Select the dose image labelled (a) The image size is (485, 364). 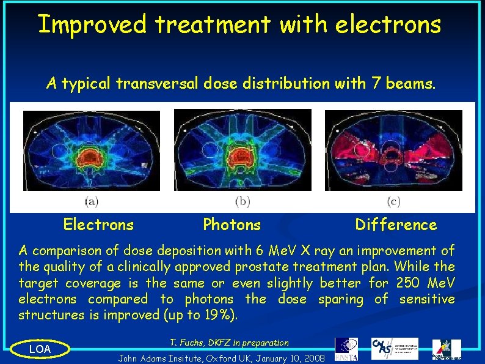coord(92,150)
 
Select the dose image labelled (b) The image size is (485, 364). coord(242,150)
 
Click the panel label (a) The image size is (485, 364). coord(91,201)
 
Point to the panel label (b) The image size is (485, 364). coord(242,201)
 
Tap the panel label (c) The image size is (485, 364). coord(394,201)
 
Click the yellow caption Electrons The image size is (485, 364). coord(98,225)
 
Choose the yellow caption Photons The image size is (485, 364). coord(232,225)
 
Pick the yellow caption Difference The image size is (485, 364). coord(396,225)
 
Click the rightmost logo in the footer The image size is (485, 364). coord(447,349)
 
